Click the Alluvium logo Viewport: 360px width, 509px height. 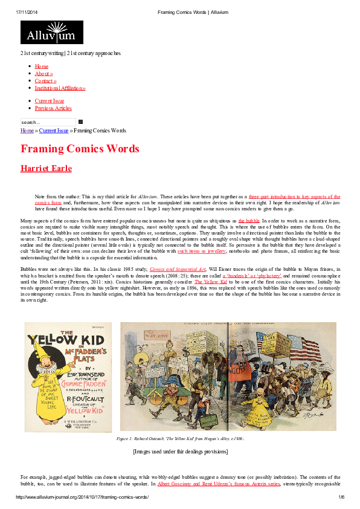pyautogui.click(x=51, y=33)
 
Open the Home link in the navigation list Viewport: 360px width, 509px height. pyautogui.click(x=42, y=66)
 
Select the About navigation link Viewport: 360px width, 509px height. pyautogui.click(x=43, y=74)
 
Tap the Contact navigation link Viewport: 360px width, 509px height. pyautogui.click(x=45, y=81)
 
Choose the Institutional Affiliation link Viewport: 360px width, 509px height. pyautogui.click(x=60, y=88)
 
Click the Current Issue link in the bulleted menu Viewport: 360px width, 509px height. pyautogui.click(x=49, y=101)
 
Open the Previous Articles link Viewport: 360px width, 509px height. pyautogui.click(x=53, y=108)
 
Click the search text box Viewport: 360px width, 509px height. pyautogui.click(x=48, y=122)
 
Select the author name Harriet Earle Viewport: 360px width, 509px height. pyautogui.click(x=46, y=169)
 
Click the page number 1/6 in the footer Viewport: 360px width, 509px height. pyautogui.click(x=341, y=498)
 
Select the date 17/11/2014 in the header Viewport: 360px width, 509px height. pyautogui.click(x=28, y=11)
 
